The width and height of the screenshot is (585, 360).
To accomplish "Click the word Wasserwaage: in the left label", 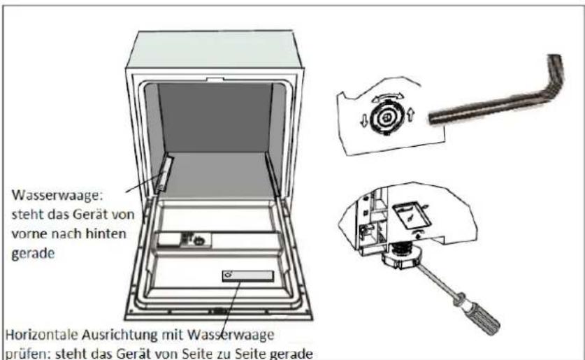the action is [x=57, y=195].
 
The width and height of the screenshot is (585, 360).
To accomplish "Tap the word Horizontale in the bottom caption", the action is [x=41, y=335].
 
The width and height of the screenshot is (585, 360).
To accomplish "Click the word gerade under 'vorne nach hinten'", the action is [x=33, y=254].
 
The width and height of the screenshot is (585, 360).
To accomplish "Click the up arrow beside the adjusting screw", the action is [x=410, y=115].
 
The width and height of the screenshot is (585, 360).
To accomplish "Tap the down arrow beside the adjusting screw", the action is [x=363, y=120].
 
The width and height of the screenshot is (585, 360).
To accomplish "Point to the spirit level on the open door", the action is [x=247, y=276].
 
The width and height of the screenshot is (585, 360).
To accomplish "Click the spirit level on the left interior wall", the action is [x=164, y=175].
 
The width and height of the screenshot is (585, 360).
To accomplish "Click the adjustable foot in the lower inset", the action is [x=402, y=257].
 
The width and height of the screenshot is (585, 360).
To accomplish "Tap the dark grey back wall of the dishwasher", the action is [x=216, y=117].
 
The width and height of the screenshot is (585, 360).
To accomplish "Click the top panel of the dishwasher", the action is [x=215, y=50].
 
